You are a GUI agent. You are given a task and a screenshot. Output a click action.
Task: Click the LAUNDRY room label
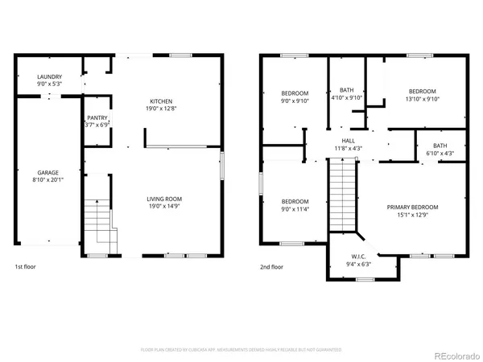[48, 76]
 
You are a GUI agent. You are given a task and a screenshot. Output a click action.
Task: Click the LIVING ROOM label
[164, 199]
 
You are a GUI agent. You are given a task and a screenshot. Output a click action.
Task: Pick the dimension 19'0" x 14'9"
[164, 206]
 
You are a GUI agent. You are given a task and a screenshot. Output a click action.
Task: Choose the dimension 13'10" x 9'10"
[421, 99]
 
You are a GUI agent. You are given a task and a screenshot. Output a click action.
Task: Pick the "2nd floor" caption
[271, 266]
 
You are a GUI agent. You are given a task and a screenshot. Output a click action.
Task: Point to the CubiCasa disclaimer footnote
[242, 351]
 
